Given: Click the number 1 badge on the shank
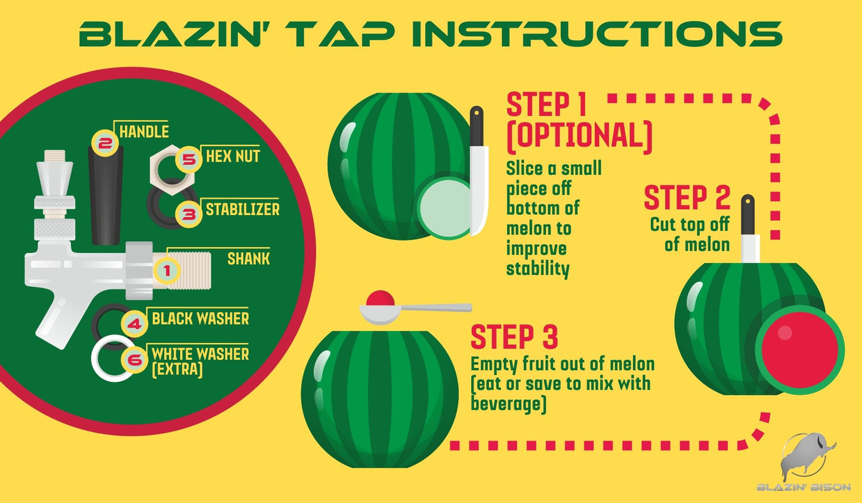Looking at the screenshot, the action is pyautogui.click(x=166, y=271).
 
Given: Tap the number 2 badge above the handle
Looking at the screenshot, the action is pyautogui.click(x=104, y=143).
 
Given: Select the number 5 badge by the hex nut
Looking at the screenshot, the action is pyautogui.click(x=189, y=159).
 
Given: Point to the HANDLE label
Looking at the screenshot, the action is pyautogui.click(x=144, y=132).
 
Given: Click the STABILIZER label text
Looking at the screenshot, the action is pyautogui.click(x=242, y=209).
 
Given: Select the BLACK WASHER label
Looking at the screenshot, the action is pyautogui.click(x=200, y=319).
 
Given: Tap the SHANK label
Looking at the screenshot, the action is pyautogui.click(x=249, y=259).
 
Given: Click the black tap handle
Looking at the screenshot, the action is pyautogui.click(x=106, y=195).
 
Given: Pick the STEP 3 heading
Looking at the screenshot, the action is pyautogui.click(x=514, y=337).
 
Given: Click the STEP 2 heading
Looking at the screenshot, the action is pyautogui.click(x=687, y=198).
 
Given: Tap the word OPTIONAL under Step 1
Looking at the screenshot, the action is pyautogui.click(x=579, y=136).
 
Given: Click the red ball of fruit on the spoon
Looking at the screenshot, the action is pyautogui.click(x=380, y=299).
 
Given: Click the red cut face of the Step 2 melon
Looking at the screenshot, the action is pyautogui.click(x=800, y=350).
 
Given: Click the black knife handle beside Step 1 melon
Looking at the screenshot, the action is pyautogui.click(x=477, y=126).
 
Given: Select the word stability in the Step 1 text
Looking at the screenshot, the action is pyautogui.click(x=537, y=269).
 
